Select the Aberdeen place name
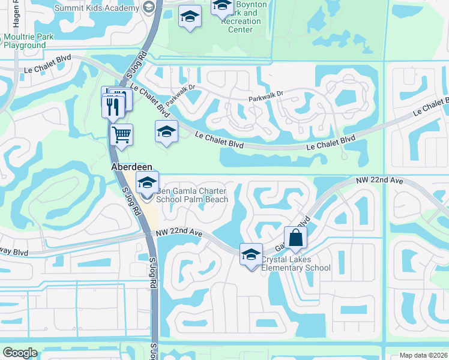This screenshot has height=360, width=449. point(131,167)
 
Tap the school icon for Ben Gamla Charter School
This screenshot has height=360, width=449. point(147,183)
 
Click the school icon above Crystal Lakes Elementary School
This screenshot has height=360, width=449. point(251,254)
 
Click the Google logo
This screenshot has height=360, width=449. point(20,352)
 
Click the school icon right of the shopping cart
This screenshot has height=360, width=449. point(167,133)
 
